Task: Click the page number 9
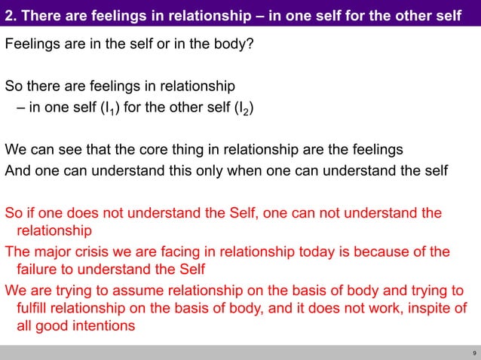pos(473,352)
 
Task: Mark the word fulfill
pos(33,310)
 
